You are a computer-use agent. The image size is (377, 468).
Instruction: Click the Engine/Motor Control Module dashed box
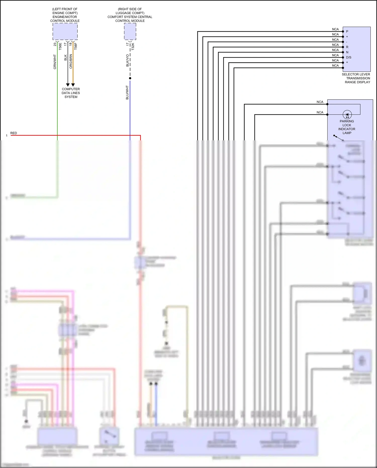[x=65, y=31]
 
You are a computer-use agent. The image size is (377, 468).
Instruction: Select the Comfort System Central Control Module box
[x=130, y=31]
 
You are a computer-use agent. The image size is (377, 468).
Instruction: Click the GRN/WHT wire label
[x=55, y=62]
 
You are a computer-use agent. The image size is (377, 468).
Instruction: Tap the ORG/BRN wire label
[x=71, y=61]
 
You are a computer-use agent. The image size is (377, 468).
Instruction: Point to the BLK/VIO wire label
[x=127, y=60]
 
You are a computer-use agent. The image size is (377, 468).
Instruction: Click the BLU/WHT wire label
[x=127, y=92]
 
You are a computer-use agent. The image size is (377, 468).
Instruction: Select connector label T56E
[x=60, y=46]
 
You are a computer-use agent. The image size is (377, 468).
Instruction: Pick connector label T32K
[x=133, y=46]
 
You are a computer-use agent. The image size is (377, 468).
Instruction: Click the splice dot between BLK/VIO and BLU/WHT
[x=130, y=78]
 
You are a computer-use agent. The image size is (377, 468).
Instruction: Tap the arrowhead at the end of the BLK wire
[x=68, y=85]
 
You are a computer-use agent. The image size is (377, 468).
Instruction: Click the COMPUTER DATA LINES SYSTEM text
[x=71, y=93]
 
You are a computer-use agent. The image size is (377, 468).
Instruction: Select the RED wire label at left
[x=14, y=133]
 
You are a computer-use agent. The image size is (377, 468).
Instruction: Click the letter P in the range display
[x=347, y=31]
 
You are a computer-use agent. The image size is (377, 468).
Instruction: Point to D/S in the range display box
[x=349, y=57]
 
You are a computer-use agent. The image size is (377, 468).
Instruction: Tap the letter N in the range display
[x=347, y=52]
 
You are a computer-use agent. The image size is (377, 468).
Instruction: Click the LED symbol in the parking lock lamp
[x=347, y=115]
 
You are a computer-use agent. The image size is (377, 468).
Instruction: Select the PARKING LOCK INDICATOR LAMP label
[x=347, y=127]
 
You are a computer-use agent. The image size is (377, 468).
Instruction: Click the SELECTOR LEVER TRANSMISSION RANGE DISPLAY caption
[x=356, y=78]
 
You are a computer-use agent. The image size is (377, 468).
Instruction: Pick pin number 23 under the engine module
[x=55, y=44]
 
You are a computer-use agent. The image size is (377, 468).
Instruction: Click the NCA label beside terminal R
[x=335, y=45]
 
